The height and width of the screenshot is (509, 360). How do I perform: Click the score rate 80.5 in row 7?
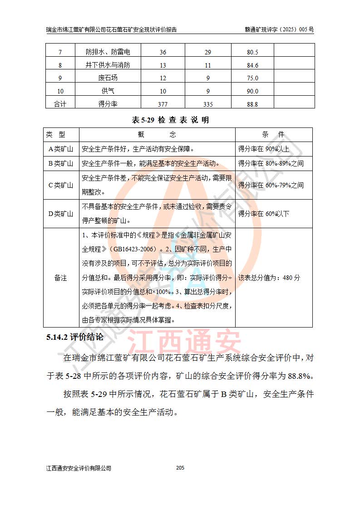point(252,52)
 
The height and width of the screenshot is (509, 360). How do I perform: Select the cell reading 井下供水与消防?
point(108,65)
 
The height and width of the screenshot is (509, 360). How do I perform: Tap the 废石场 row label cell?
point(108,78)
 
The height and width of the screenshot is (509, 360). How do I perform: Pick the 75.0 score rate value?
point(252,78)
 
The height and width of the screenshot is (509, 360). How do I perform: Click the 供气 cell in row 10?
point(108,91)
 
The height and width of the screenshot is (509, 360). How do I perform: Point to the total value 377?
point(163,104)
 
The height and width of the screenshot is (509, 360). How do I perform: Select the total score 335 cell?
point(208,104)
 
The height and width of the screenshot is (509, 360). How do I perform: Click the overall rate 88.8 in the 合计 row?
point(252,104)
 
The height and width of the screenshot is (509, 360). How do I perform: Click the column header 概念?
point(157,135)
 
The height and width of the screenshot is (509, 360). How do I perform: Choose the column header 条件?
point(273,135)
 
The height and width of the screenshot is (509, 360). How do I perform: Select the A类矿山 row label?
point(61,149)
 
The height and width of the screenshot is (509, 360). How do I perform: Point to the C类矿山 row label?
point(61,185)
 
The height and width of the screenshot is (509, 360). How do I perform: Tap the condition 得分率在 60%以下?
point(264,214)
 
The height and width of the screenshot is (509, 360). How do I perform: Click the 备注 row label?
point(61,278)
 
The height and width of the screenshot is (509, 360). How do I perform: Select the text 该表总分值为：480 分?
point(269,278)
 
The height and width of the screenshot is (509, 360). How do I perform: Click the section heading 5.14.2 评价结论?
point(75,338)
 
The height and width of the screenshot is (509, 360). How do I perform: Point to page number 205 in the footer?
point(180,468)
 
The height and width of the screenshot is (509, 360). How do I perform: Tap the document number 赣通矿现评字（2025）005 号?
point(279,30)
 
